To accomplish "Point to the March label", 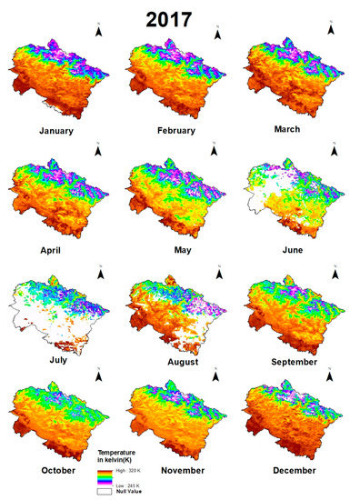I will click(293, 129).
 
